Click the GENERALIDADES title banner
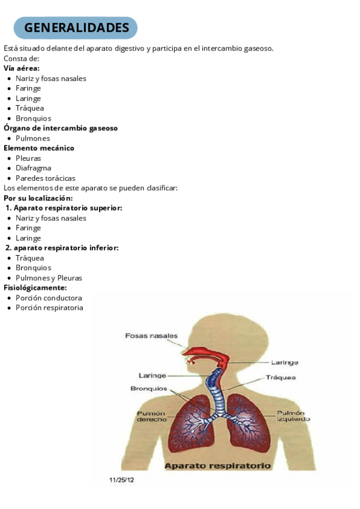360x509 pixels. (76, 28)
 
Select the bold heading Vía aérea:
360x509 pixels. (22, 68)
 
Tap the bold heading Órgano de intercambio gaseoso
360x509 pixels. (61, 128)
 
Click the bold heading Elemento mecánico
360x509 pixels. (39, 148)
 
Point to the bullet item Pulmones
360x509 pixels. (33, 138)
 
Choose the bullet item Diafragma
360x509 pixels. (34, 168)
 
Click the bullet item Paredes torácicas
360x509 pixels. (46, 178)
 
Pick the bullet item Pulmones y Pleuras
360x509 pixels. (49, 278)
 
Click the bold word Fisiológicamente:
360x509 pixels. (35, 288)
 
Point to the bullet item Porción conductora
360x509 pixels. (49, 298)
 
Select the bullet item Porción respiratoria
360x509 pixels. (49, 308)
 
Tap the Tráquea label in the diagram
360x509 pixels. (281, 378)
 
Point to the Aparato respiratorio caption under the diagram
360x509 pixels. (218, 465)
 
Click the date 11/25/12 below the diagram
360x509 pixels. (122, 480)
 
